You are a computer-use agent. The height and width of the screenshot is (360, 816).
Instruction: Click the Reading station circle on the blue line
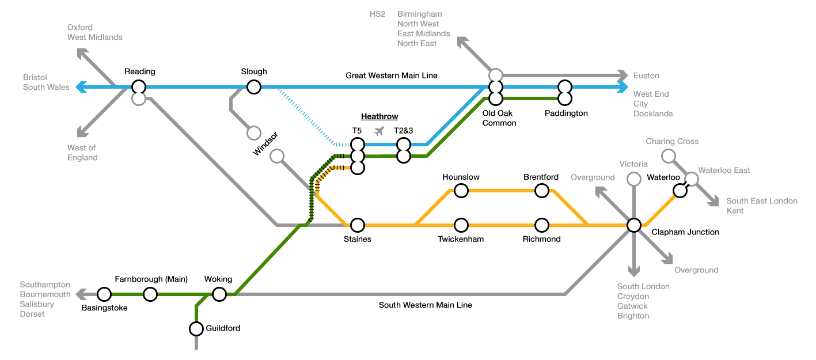(138, 88)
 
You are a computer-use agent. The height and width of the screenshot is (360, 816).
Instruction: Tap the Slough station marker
(253, 88)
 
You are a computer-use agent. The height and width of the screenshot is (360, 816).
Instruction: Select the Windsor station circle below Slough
(253, 133)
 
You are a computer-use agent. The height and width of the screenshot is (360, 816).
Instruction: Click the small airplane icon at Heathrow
(379, 131)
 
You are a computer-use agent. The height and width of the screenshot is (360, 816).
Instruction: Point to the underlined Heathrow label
(379, 116)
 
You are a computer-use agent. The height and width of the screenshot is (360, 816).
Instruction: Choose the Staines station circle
(358, 225)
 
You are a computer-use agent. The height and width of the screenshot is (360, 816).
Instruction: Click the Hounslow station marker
(461, 190)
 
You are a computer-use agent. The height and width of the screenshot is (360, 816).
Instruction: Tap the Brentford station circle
(541, 190)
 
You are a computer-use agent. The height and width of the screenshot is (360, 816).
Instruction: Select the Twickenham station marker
(461, 225)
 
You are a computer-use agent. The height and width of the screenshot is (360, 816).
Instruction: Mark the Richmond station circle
(541, 225)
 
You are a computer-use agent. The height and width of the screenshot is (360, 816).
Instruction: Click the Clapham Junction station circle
(634, 225)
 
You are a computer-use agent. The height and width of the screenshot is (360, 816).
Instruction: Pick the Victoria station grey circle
(634, 179)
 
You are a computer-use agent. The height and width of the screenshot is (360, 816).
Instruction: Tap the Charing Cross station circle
(668, 156)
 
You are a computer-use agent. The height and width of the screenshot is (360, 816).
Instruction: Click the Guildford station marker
(196, 329)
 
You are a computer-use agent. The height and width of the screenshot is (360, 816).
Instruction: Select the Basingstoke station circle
(104, 294)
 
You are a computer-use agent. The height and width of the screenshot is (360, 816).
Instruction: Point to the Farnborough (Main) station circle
(150, 294)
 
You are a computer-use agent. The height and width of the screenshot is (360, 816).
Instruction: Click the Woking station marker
(219, 294)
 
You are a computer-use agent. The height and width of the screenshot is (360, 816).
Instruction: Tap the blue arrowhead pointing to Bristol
(81, 88)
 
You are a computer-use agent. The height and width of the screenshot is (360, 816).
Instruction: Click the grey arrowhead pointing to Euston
(623, 75)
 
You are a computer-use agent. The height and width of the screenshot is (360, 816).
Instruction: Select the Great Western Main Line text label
(391, 75)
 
